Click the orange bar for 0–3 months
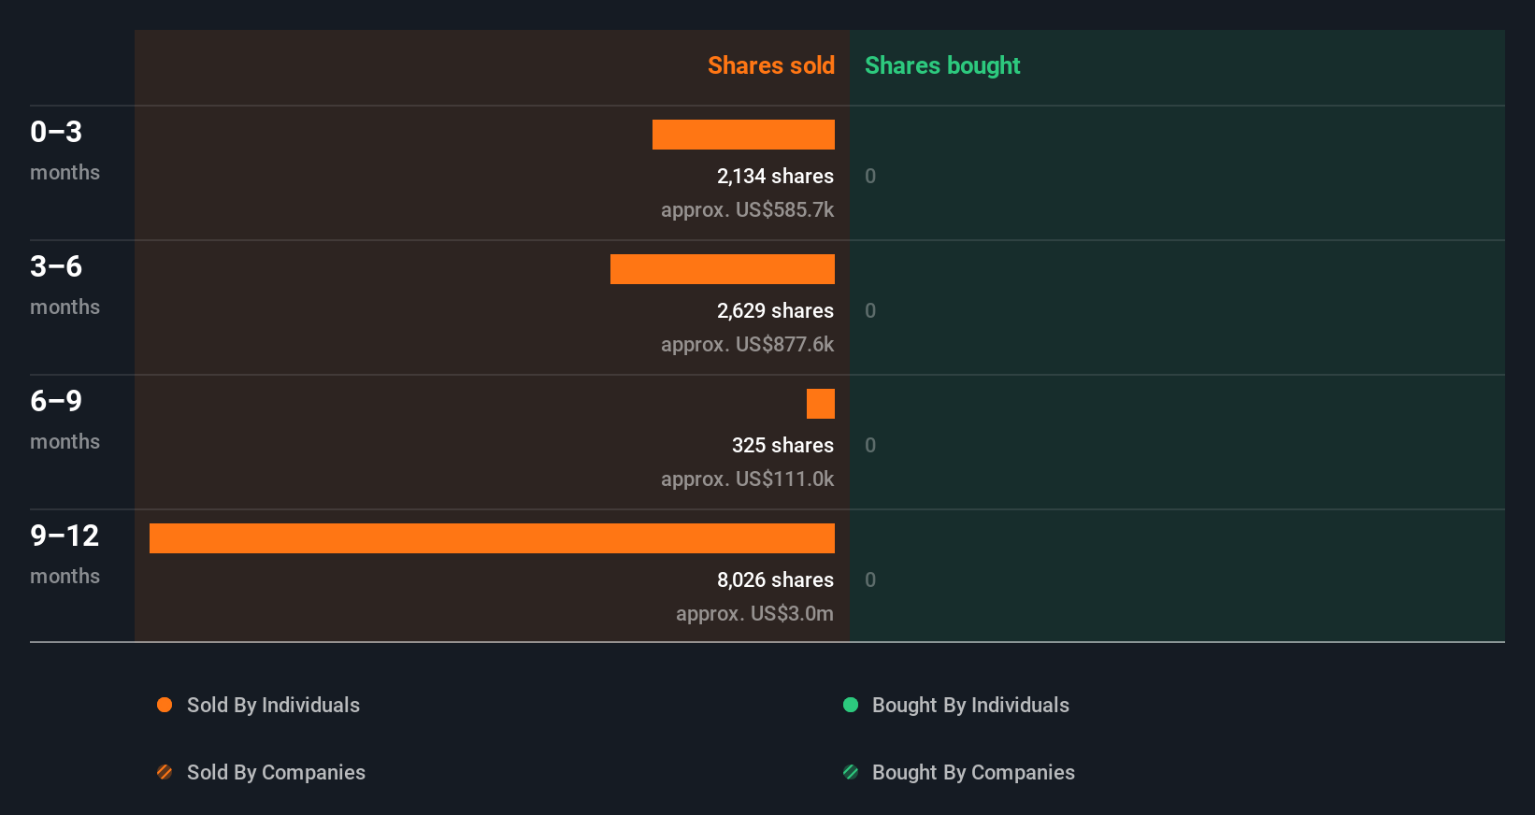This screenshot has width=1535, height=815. [x=743, y=135]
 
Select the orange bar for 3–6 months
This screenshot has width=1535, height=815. [x=723, y=269]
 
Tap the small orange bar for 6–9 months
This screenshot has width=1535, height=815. [x=821, y=404]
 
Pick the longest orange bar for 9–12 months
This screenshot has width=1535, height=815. [x=492, y=538]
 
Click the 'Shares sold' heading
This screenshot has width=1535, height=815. [x=770, y=65]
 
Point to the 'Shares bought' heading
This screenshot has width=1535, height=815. [x=941, y=65]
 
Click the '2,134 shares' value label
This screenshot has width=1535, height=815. [x=775, y=176]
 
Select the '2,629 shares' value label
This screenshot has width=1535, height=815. [x=775, y=310]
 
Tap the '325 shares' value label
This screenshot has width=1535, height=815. [x=782, y=445]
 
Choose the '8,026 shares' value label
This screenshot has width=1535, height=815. [x=775, y=579]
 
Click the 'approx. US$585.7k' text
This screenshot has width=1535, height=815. [x=747, y=209]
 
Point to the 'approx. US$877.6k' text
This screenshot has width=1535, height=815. [x=747, y=344]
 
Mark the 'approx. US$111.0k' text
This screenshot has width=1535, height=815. [x=747, y=479]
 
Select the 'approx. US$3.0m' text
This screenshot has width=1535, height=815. [x=754, y=613]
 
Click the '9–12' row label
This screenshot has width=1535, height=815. [x=65, y=536]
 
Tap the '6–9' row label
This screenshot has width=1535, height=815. [x=56, y=401]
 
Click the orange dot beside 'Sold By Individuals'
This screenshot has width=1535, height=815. [x=165, y=705]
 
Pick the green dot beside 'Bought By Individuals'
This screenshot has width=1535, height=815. [x=851, y=705]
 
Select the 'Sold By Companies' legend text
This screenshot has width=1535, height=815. [x=276, y=772]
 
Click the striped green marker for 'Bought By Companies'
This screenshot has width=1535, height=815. [x=851, y=772]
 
